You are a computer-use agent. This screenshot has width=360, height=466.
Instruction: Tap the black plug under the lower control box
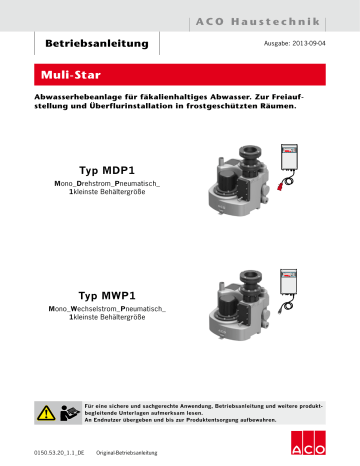point(292,318)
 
